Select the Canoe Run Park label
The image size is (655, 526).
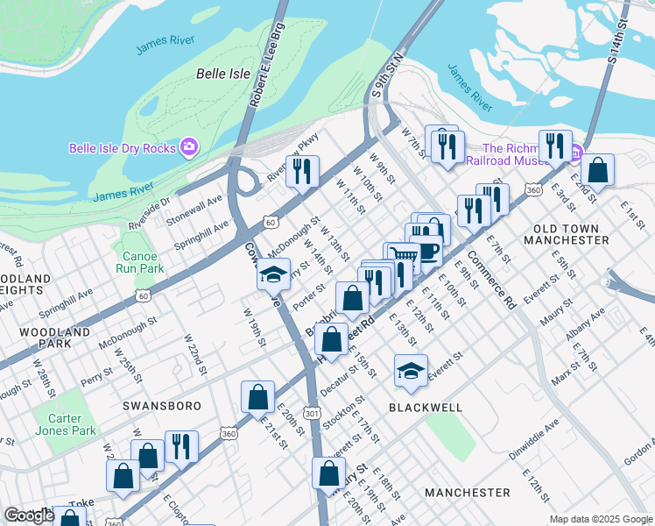141,262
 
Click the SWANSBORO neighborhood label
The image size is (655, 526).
161,407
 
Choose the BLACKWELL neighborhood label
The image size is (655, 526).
425,409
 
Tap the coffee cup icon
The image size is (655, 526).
426,250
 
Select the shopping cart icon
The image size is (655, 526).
402,255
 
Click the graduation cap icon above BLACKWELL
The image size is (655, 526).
411,371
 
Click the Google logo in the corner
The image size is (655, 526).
30,515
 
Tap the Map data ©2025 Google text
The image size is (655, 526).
600,519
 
